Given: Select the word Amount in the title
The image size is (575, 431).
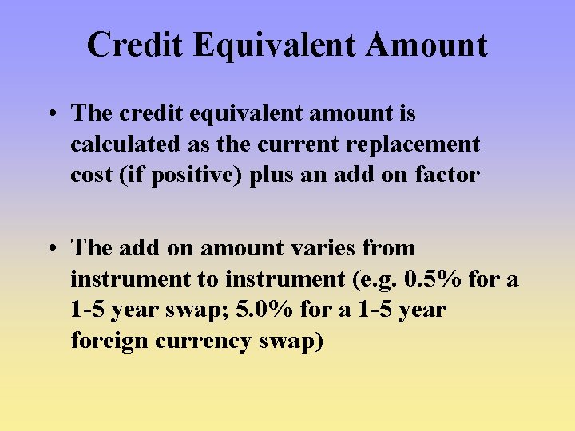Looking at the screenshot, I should click(x=426, y=45).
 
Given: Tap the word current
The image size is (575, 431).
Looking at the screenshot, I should click(x=307, y=144).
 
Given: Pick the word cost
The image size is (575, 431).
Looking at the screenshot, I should click(x=90, y=176).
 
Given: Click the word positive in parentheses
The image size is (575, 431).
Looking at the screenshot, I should click(x=196, y=176).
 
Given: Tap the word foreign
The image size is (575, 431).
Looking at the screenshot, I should click(x=109, y=341).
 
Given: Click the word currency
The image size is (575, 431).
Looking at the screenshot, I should click(x=207, y=341).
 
